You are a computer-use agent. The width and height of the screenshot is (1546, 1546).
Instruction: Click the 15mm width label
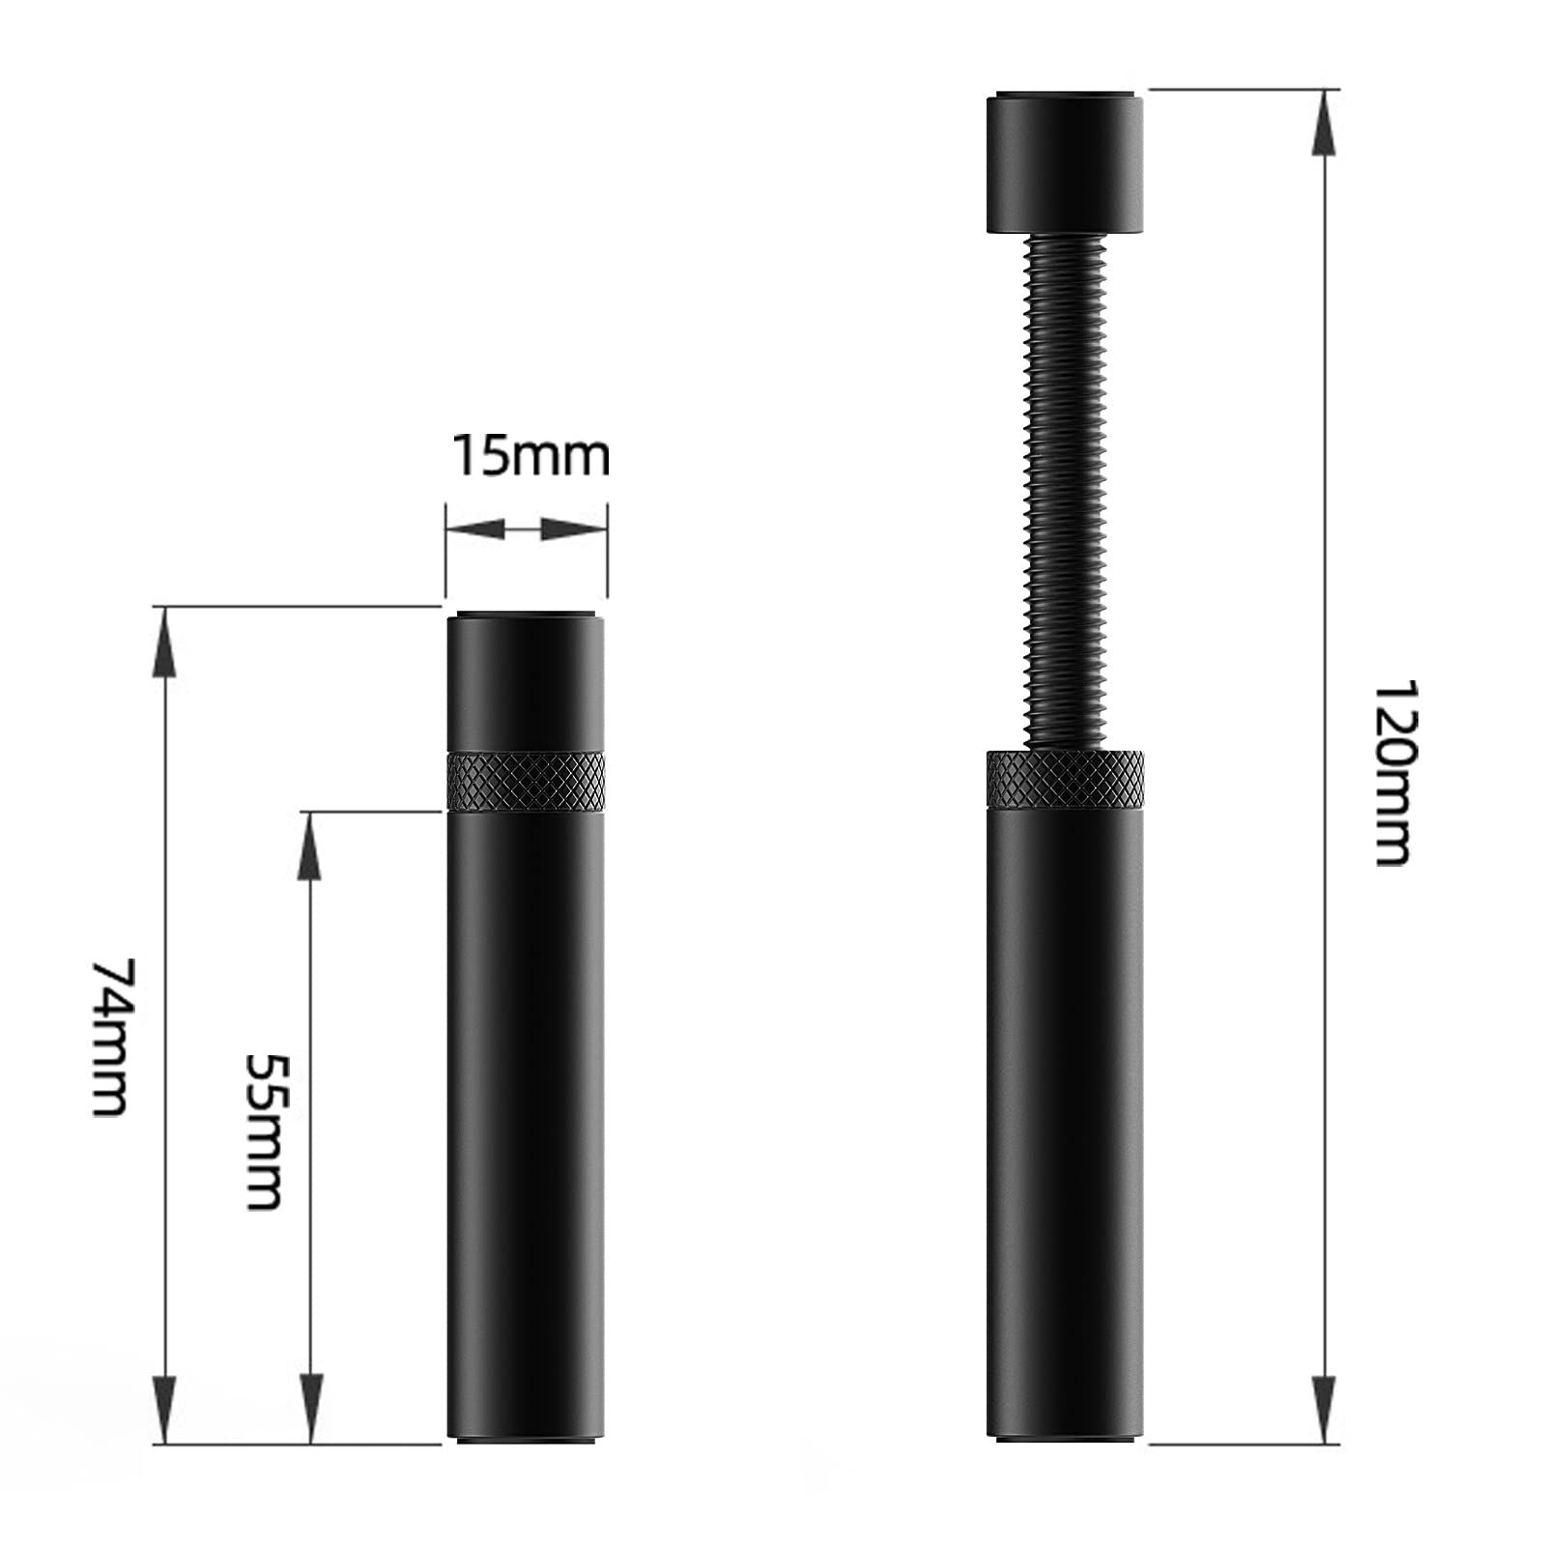click(530, 456)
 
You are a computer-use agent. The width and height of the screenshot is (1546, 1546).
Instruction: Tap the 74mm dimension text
click(109, 1037)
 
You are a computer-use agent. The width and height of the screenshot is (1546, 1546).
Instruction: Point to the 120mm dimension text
click(1392, 773)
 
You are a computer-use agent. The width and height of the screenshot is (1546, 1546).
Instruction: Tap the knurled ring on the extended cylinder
click(1065, 781)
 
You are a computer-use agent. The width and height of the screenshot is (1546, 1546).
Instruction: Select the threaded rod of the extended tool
click(1064, 493)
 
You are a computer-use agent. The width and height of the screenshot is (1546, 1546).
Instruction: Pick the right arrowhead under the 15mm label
click(570, 529)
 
